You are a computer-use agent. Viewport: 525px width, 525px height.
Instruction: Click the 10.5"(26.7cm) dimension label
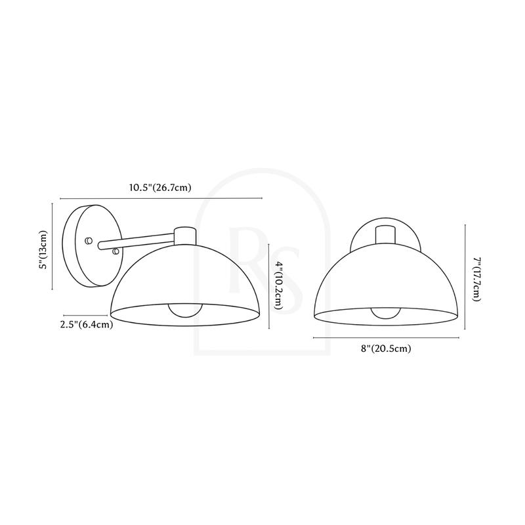(x=160, y=188)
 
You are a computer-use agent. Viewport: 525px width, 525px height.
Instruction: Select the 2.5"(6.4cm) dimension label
(x=87, y=324)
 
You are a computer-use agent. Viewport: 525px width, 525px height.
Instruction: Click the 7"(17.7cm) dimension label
(x=476, y=279)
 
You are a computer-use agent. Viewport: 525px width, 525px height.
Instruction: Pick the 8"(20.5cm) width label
(x=386, y=348)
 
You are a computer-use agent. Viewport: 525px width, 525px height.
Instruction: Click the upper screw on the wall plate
(x=89, y=240)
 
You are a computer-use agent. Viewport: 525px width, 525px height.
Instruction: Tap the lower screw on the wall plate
(x=116, y=251)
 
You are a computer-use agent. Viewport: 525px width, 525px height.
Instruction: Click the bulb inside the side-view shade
(x=185, y=310)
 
